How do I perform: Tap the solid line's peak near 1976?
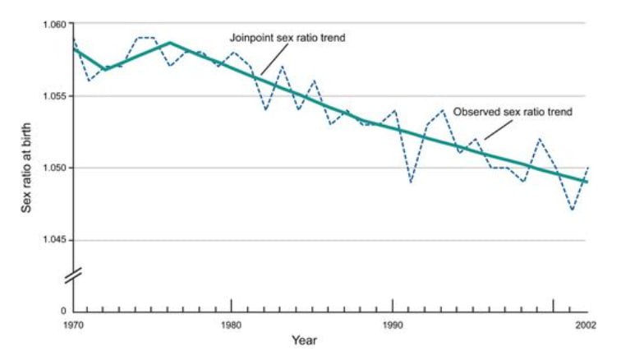pos(169,43)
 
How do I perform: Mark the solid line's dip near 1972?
pos(104,69)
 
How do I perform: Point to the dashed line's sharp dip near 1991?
pos(411,182)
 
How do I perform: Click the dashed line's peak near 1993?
pos(444,110)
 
